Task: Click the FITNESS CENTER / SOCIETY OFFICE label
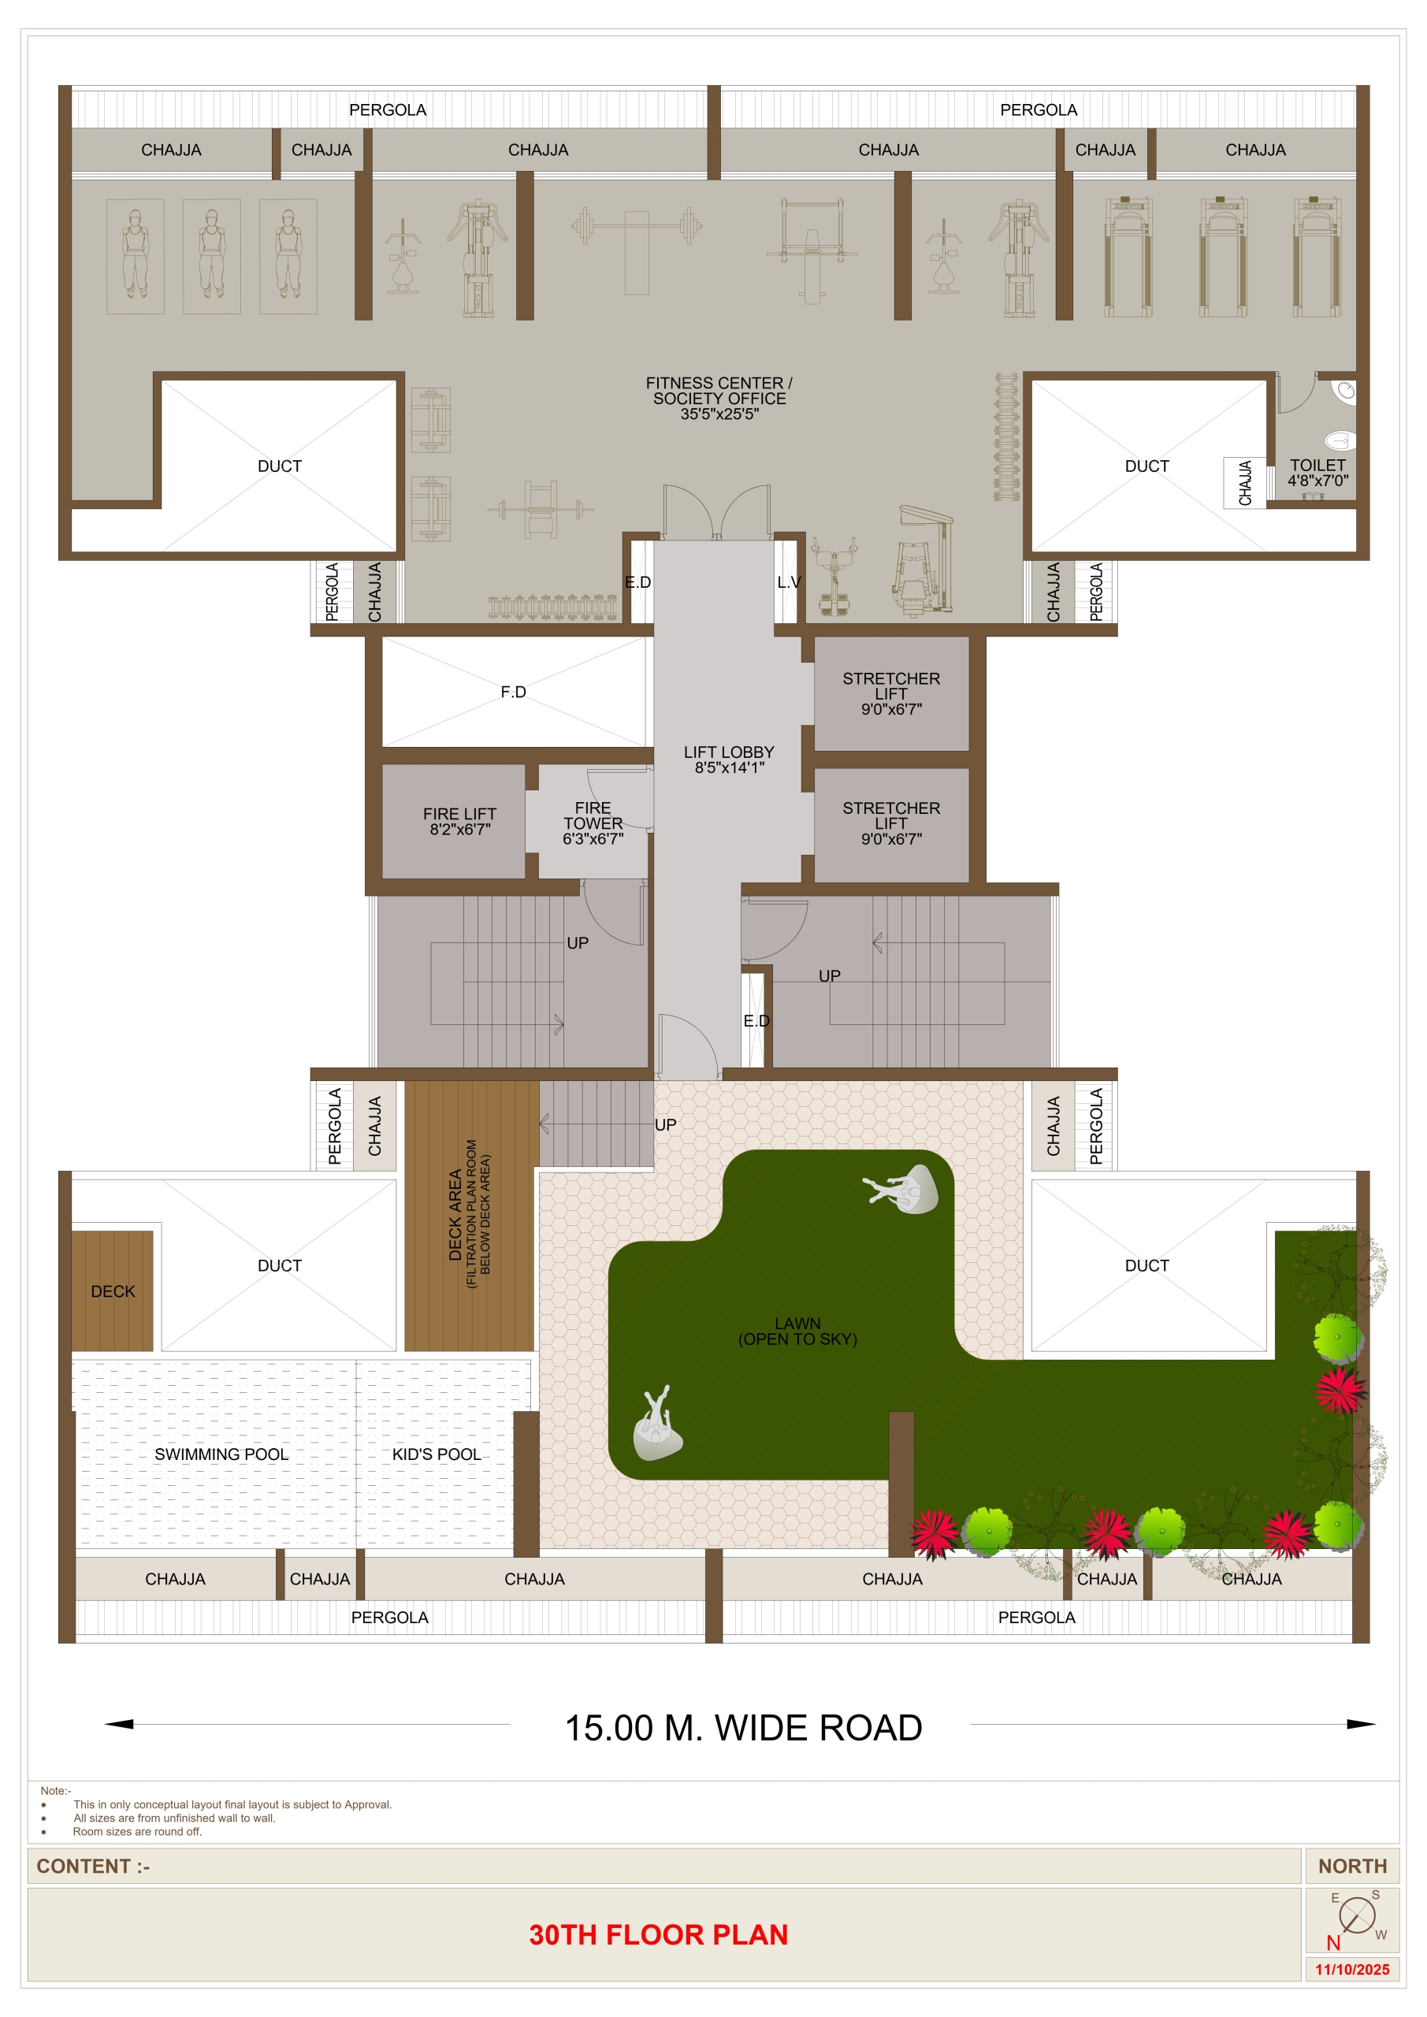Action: (x=719, y=398)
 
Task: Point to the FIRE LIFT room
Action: (x=459, y=820)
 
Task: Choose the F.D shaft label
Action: (x=513, y=693)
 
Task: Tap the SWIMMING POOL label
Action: (x=221, y=1454)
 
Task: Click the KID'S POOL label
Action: (x=437, y=1454)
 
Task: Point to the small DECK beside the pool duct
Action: (x=113, y=1291)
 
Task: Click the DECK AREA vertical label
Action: (x=455, y=1214)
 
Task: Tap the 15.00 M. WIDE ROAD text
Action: (x=743, y=1727)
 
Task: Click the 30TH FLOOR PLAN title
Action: (x=658, y=1933)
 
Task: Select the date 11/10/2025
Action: (x=1351, y=1969)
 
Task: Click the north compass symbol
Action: (x=1356, y=1915)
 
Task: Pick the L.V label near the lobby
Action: (x=788, y=581)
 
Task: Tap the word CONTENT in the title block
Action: (x=84, y=1865)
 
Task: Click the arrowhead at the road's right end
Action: (x=1361, y=1724)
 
